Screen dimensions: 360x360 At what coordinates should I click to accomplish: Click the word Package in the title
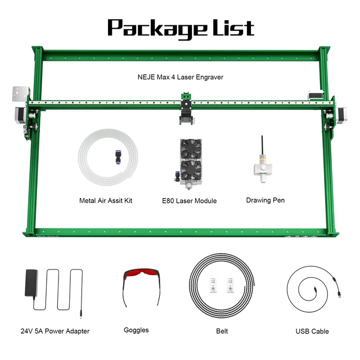(x=156, y=29)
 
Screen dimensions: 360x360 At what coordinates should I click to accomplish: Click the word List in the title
(x=233, y=28)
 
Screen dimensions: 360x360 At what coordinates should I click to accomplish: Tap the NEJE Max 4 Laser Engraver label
(x=180, y=77)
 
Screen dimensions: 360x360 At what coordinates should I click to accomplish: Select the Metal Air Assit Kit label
(x=106, y=201)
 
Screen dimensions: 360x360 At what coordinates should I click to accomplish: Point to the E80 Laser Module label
(x=189, y=201)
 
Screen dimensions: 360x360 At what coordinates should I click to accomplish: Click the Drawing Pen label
(x=265, y=200)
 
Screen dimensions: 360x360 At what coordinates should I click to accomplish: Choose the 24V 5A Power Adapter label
(x=55, y=331)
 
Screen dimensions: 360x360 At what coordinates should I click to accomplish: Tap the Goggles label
(x=136, y=330)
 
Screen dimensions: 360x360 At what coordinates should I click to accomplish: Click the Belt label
(x=222, y=331)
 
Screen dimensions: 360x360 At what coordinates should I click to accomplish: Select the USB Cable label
(x=312, y=331)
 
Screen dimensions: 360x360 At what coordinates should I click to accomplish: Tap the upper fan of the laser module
(x=191, y=148)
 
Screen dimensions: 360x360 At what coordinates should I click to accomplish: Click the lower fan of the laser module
(x=191, y=170)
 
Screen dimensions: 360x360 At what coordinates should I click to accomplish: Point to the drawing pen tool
(x=263, y=160)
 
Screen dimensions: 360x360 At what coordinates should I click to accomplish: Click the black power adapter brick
(x=31, y=283)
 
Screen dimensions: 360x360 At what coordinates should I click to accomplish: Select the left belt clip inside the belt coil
(x=213, y=285)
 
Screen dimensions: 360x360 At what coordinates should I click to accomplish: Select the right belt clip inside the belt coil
(x=230, y=285)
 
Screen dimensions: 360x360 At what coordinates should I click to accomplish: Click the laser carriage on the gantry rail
(x=186, y=109)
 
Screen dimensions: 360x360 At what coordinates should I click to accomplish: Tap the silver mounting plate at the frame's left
(x=20, y=94)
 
